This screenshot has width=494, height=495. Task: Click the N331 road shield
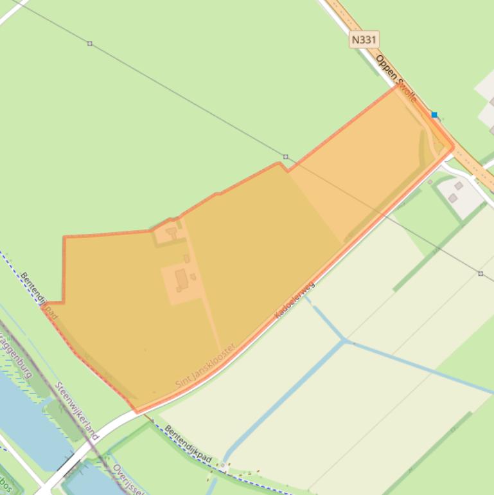[364, 40]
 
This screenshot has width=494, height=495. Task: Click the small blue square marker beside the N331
[434, 115]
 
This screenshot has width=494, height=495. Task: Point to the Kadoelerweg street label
[295, 298]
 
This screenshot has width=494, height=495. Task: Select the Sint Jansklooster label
[205, 365]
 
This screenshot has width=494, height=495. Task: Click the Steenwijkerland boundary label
[77, 411]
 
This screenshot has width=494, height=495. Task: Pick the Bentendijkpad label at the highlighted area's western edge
[40, 296]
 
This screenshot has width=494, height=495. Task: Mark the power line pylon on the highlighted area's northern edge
[286, 157]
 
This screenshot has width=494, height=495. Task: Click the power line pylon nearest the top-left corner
[90, 44]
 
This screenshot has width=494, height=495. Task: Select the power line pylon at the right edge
[481, 274]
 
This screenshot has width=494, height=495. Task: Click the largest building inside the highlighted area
[181, 280]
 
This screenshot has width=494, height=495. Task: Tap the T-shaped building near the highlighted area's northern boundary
[172, 231]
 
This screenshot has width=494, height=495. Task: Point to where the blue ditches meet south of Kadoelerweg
[345, 340]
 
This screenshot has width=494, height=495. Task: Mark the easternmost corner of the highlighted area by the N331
[453, 148]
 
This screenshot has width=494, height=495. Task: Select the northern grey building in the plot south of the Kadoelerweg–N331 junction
[459, 186]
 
